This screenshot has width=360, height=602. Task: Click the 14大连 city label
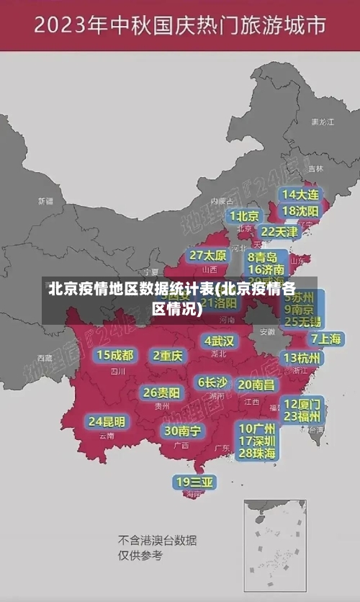pyautogui.click(x=301, y=194)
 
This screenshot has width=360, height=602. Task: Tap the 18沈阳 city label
pyautogui.click(x=301, y=211)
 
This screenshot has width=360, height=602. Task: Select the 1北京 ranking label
pyautogui.click(x=244, y=216)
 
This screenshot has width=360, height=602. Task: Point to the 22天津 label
pyautogui.click(x=279, y=232)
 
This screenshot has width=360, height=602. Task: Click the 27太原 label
pyautogui.click(x=208, y=256)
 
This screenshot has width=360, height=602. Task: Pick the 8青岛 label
pyautogui.click(x=263, y=257)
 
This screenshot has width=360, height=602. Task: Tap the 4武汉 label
pyautogui.click(x=219, y=341)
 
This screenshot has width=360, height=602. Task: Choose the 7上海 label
pyautogui.click(x=325, y=338)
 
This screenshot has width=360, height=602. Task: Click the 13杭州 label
pyautogui.click(x=302, y=358)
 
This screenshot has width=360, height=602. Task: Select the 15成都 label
pyautogui.click(x=115, y=355)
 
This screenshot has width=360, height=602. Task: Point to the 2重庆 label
pyautogui.click(x=168, y=356)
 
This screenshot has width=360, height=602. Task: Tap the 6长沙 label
pyautogui.click(x=212, y=382)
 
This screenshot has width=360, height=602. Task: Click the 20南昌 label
pyautogui.click(x=256, y=385)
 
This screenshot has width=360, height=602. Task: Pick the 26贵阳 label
pyautogui.click(x=162, y=392)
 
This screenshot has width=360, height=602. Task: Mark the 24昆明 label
pyautogui.click(x=107, y=421)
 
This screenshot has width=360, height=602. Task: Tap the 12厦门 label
pyautogui.click(x=302, y=403)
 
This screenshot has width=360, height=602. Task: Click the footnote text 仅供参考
pyautogui.click(x=140, y=556)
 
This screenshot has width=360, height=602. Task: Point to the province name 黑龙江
pyautogui.click(x=322, y=122)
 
